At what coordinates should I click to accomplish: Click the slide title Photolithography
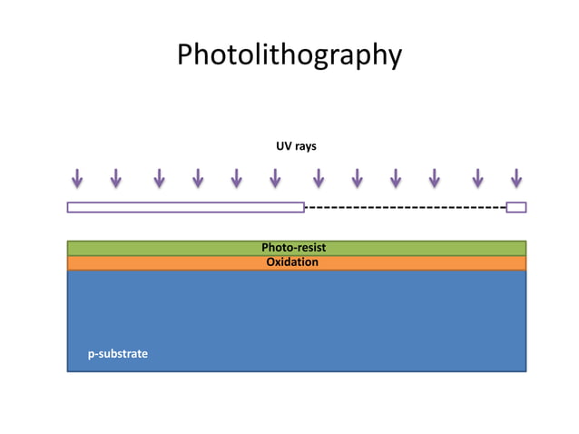click(289, 55)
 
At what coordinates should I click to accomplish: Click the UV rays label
click(296, 145)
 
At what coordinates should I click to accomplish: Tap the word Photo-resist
click(293, 247)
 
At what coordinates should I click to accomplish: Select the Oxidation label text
click(292, 262)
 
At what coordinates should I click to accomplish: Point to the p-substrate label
click(118, 353)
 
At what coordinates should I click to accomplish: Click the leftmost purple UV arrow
click(77, 179)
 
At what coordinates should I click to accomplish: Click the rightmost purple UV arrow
click(515, 179)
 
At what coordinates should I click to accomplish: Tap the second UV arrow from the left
click(116, 179)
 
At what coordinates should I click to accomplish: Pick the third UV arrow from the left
click(159, 179)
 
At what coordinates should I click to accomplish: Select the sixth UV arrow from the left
click(274, 179)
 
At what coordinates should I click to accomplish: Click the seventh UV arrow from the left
click(319, 179)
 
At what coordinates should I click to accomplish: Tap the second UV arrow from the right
click(477, 179)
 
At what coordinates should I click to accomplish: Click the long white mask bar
click(185, 207)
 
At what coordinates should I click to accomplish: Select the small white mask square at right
click(515, 207)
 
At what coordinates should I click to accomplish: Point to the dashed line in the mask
click(405, 207)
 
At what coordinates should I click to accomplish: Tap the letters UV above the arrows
click(283, 145)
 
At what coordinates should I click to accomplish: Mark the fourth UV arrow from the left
click(198, 179)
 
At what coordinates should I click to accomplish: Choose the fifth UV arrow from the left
click(236, 179)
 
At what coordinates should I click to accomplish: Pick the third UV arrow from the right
click(434, 179)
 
